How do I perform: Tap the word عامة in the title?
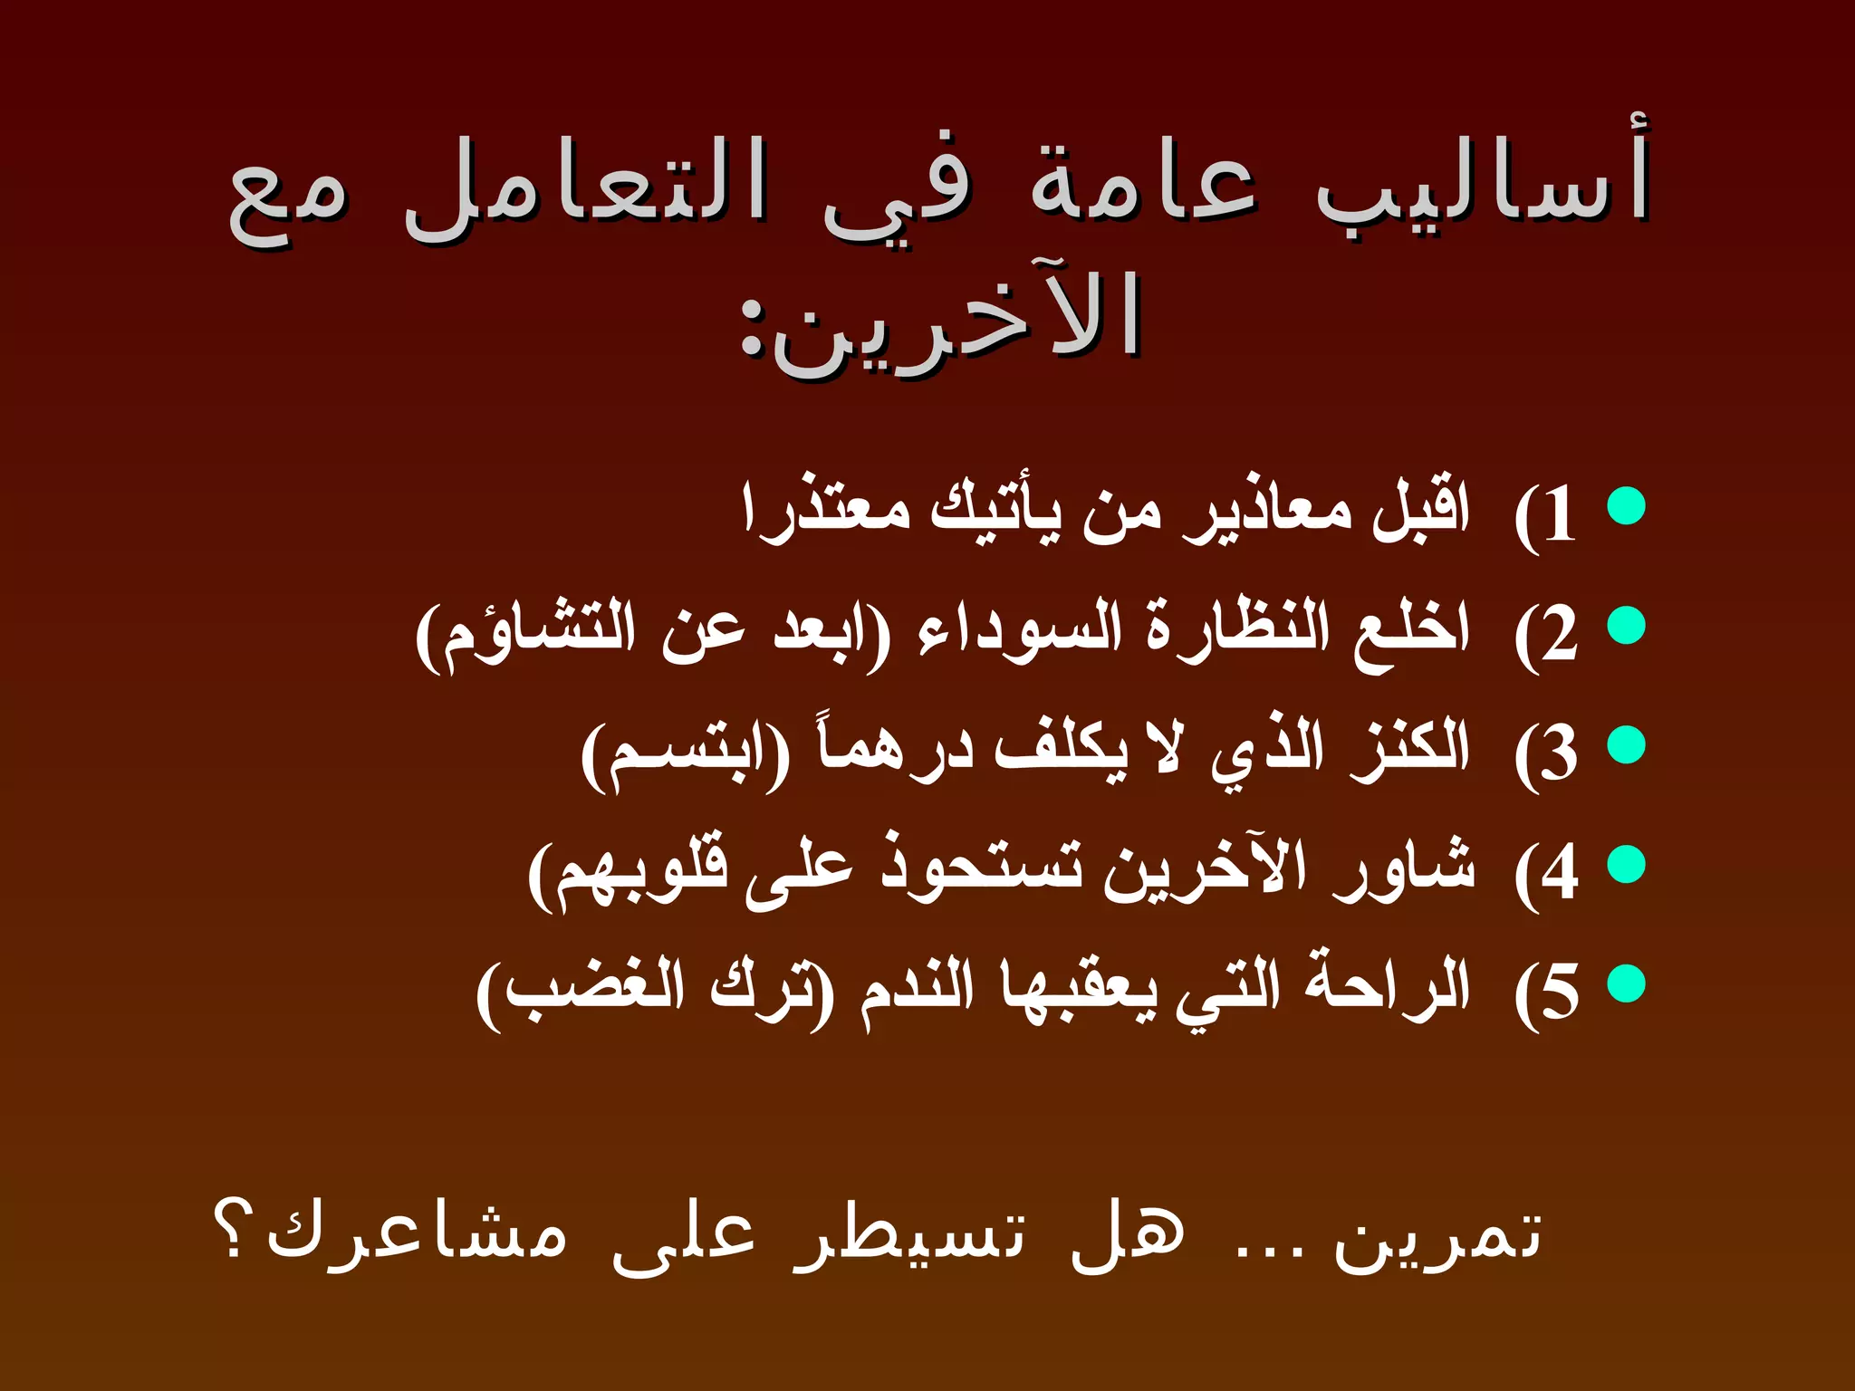[x=1143, y=186]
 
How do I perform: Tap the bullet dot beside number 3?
[x=1626, y=744]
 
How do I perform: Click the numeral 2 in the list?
[x=1560, y=634]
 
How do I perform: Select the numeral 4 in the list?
[x=1560, y=873]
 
